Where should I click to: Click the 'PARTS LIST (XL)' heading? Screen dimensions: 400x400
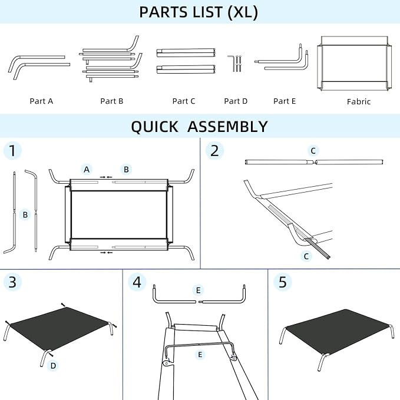coord(199,12)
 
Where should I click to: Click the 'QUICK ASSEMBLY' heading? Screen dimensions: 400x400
coord(199,127)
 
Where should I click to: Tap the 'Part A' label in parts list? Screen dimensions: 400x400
coord(41,101)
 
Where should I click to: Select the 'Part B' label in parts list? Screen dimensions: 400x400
coord(112,101)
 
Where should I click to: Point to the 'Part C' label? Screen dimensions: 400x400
coord(184,101)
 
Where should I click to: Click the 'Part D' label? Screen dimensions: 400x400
coord(236,101)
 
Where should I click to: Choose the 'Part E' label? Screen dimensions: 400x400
coord(285,101)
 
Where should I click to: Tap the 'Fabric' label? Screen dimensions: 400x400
coord(359,102)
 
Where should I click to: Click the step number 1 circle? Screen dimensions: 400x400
coord(12,151)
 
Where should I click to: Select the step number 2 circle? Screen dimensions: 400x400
coord(214,151)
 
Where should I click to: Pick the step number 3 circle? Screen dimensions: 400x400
coord(12,282)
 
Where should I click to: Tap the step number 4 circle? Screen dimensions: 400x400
coord(137,282)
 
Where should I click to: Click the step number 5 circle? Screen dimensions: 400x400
coord(283,282)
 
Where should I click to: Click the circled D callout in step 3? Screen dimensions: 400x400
coord(53,366)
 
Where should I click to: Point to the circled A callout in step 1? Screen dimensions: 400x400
coord(87,170)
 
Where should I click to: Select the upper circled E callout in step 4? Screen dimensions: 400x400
coord(198,290)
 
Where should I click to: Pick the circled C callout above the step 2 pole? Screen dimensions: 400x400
coord(313,151)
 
